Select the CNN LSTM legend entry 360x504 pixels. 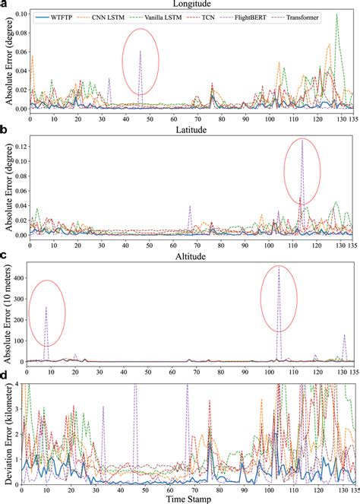(x=116, y=17)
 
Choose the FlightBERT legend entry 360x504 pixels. (x=276, y=17)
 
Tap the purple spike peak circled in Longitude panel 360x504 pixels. (x=140, y=51)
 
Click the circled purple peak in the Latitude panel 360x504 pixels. (x=302, y=140)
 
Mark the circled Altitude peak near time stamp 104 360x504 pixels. (x=279, y=268)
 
